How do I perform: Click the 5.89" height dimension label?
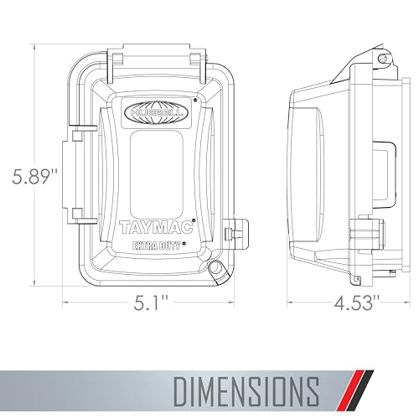[34, 177]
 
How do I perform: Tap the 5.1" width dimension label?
[151, 303]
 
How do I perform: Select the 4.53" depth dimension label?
[356, 303]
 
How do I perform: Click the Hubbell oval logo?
[156, 113]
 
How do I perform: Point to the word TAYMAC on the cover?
[157, 227]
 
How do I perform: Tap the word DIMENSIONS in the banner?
[246, 392]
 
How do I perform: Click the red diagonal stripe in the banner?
[354, 391]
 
